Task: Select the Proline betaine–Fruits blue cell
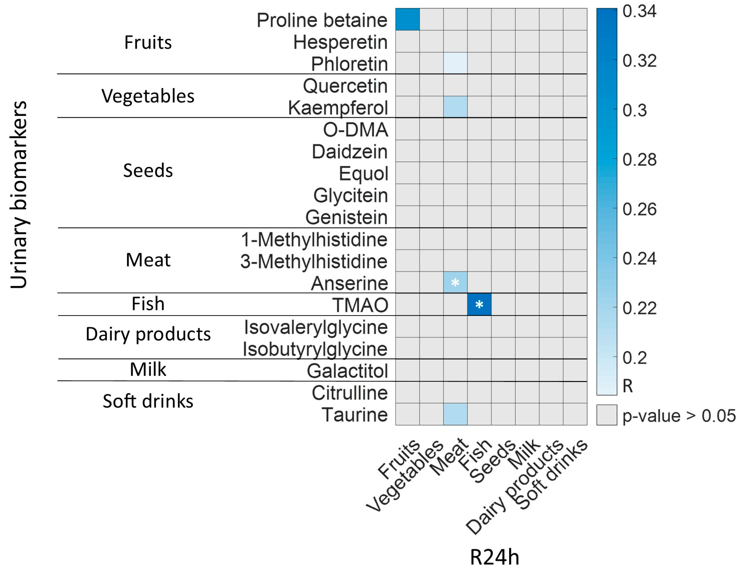407,19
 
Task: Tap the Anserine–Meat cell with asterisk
455,283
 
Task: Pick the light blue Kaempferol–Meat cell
455,107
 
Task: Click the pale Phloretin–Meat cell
455,63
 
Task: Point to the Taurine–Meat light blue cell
455,414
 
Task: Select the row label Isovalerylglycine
316,327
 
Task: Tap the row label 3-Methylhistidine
314,261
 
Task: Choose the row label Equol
363,173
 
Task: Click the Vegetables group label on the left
148,96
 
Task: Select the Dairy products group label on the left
148,334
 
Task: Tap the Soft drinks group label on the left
148,401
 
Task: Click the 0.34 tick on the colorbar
639,11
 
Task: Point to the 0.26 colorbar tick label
639,209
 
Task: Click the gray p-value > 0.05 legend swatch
606,415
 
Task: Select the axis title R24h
494,557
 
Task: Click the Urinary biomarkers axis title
18,195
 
